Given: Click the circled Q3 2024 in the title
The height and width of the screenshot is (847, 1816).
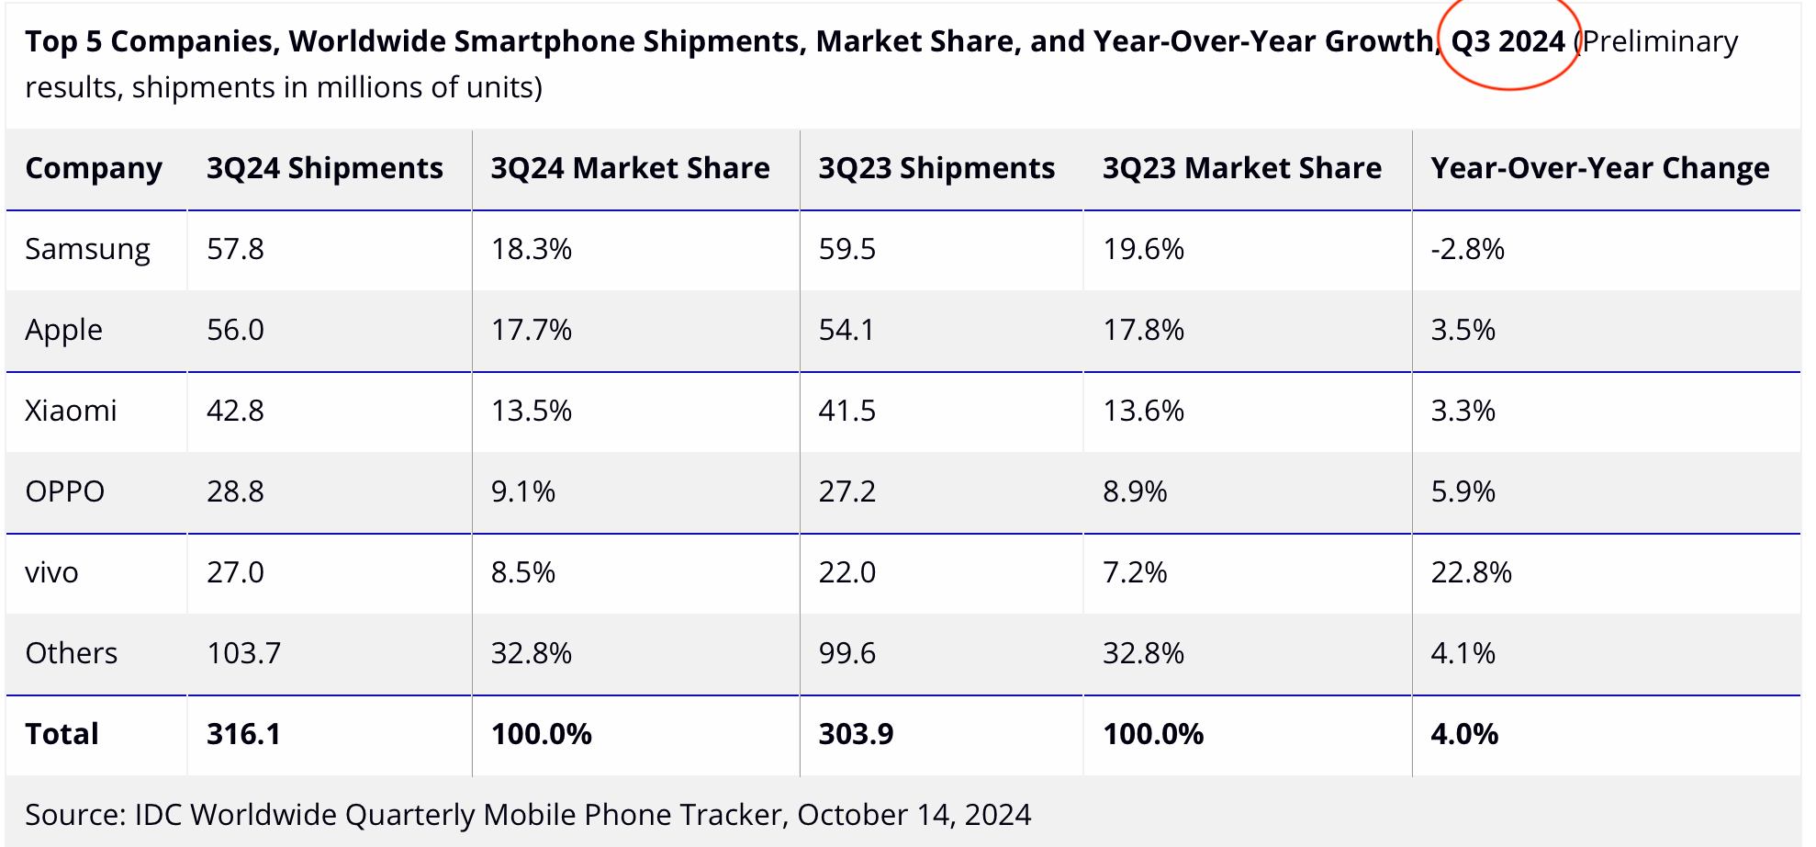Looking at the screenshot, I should point(1508,41).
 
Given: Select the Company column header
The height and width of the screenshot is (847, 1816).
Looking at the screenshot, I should point(94,168).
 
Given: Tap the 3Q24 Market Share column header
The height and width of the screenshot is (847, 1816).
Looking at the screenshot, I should point(630,168).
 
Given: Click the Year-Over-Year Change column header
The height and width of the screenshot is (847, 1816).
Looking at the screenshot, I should point(1599,168).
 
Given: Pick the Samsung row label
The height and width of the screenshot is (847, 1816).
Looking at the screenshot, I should point(87,249).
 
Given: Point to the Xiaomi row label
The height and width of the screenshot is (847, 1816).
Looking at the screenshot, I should point(71,411).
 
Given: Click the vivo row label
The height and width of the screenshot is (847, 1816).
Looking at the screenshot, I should point(51,572).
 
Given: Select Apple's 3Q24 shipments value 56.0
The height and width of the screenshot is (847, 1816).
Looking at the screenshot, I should point(235,330).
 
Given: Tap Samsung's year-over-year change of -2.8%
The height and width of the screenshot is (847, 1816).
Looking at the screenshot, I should point(1467,249).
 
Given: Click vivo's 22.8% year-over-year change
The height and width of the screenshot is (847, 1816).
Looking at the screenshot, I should point(1471,572).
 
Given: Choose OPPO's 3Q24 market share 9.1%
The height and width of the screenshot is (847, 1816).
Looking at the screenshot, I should point(522,491).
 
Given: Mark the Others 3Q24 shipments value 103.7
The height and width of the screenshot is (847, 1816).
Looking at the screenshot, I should point(243,653).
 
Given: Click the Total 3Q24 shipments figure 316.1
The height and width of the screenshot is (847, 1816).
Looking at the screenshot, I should point(243,734).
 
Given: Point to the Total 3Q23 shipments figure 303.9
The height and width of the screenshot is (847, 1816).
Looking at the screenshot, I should point(856,734).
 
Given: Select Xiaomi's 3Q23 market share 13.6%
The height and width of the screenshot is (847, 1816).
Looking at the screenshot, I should point(1143,411).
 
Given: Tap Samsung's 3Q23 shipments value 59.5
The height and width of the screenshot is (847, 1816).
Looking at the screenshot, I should point(846,249).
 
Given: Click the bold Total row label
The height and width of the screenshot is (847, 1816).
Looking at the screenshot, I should point(62,734).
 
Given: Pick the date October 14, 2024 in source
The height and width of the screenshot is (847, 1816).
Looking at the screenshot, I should point(914,815).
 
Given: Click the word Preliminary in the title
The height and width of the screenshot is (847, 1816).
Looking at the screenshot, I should point(1660,41).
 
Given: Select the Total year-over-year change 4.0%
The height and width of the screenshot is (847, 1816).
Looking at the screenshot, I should point(1464,734).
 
